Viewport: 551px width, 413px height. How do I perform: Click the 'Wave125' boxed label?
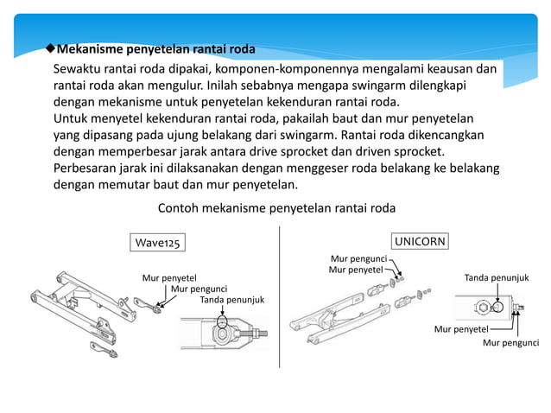pos(157,244)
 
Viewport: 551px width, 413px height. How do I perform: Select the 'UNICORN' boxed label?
pos(421,241)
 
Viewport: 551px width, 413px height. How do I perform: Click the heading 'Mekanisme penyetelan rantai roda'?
pos(155,48)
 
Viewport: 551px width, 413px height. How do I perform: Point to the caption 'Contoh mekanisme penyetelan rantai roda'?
pos(276,208)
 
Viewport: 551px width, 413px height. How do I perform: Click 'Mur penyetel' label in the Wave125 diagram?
pos(169,277)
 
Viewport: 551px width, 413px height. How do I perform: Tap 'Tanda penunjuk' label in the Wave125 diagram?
pos(231,300)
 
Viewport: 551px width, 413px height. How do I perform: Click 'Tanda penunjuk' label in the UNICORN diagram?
pos(497,277)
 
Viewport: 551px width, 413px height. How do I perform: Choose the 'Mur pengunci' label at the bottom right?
pos(510,342)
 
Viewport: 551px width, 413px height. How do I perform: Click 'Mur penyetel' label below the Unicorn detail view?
pos(461,329)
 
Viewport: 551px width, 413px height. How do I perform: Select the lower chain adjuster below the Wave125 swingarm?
pos(104,348)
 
